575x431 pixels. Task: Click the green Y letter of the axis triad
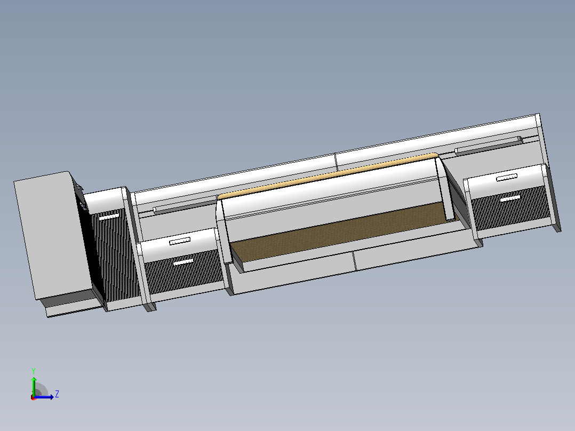[34, 371]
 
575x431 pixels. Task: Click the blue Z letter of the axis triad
[57, 394]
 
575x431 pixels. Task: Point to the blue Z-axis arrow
[44, 397]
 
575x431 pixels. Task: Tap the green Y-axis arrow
[34, 386]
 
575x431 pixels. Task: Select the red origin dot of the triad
[34, 397]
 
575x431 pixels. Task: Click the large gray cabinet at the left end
[53, 235]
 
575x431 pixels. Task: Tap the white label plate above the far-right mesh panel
[506, 178]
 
